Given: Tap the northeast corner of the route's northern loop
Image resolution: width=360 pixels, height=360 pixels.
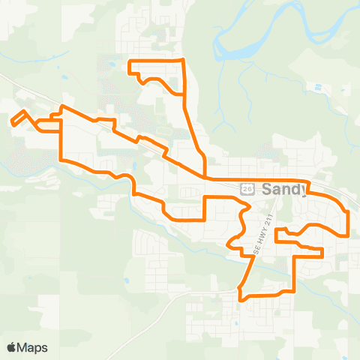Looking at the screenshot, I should (x=183, y=59).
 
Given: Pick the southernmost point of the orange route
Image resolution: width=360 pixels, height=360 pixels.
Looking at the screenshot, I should (x=240, y=300).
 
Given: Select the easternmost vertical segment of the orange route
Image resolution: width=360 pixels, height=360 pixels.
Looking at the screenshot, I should (x=349, y=223).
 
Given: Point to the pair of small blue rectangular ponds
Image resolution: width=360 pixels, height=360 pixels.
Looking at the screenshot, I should (x=320, y=87).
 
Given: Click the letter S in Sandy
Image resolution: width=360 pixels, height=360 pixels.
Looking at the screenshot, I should (x=267, y=190).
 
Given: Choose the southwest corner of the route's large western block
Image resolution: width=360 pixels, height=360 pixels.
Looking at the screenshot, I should (x=61, y=160).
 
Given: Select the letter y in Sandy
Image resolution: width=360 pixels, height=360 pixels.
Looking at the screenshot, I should (x=302, y=192).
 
